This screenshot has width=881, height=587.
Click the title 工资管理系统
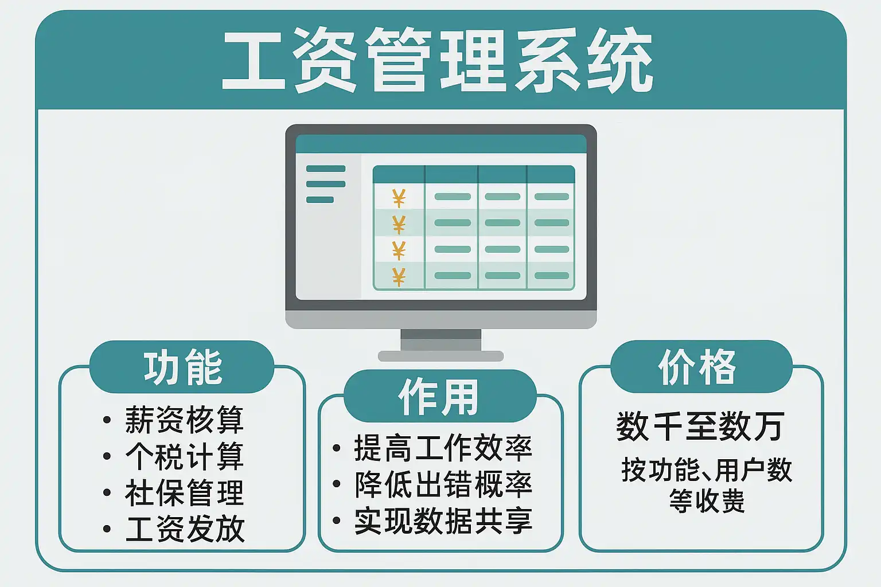[438, 60]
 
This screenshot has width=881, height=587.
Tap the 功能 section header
[183, 367]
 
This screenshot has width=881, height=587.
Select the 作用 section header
[439, 397]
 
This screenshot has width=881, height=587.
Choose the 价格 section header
[697, 367]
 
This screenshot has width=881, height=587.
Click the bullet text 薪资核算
[185, 420]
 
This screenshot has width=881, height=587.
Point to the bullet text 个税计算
[185, 456]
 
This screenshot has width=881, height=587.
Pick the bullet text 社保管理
[185, 492]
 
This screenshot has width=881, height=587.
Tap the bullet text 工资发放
[185, 529]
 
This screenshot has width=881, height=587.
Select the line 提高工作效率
[443, 448]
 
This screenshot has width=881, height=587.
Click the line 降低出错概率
[443, 484]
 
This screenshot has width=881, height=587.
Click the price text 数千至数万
[700, 426]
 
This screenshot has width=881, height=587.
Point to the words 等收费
[707, 501]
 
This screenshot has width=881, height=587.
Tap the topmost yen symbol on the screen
[399, 198]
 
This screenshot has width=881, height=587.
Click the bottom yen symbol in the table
[399, 277]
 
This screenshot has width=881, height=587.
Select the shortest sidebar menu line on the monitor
[319, 199]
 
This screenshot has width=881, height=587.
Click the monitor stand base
[440, 356]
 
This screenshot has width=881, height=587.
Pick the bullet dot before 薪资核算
[107, 420]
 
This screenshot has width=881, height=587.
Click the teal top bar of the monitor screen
[441, 144]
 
